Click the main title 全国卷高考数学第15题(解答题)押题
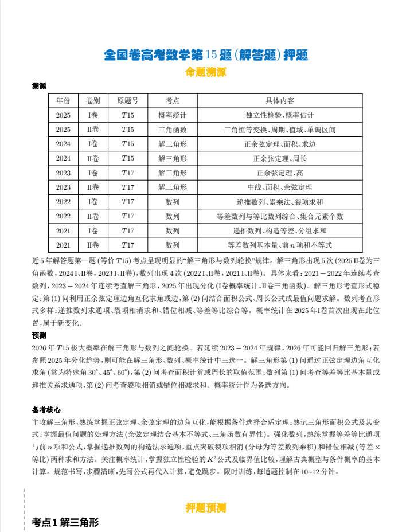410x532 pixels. click(x=206, y=55)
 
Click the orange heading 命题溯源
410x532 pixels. click(x=206, y=72)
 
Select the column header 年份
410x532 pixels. click(x=63, y=100)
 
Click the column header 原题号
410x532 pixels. click(x=128, y=100)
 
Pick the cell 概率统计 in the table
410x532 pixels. click(x=173, y=115)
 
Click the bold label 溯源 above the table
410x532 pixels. click(x=39, y=86)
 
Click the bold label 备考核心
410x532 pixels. click(x=46, y=410)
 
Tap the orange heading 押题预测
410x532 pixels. click(x=206, y=508)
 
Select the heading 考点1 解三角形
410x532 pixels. click(x=65, y=522)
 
